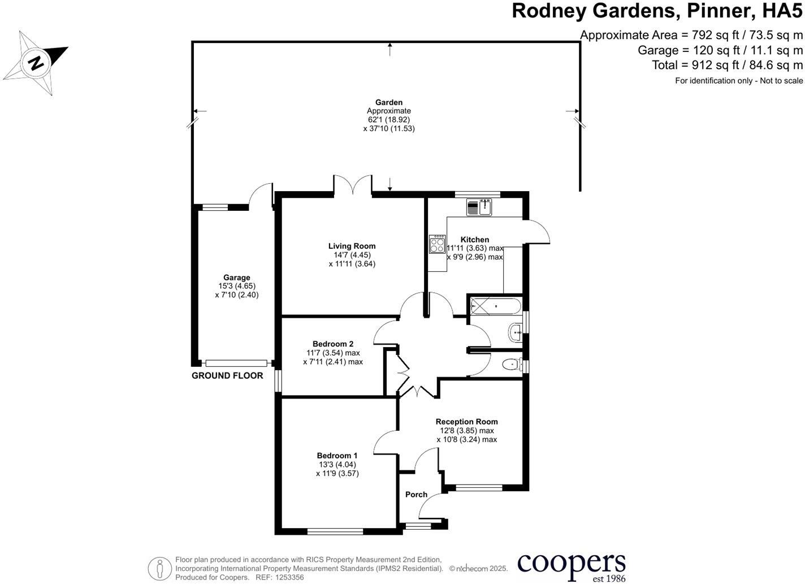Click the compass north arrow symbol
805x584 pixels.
[x=36, y=62]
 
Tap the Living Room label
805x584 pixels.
[x=352, y=246]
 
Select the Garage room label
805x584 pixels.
[x=236, y=278]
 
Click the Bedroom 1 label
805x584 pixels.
[x=337, y=456]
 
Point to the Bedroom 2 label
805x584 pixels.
[x=333, y=344]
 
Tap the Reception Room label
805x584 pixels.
[x=466, y=421]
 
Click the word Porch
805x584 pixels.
[x=416, y=494]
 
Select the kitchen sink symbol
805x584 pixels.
[x=479, y=207]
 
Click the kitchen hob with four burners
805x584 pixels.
[x=437, y=244]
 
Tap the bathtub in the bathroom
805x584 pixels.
[x=495, y=306]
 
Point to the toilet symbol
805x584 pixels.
[x=511, y=365]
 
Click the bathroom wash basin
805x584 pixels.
[x=516, y=332]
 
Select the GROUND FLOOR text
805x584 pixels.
[x=227, y=375]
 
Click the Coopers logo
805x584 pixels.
[x=571, y=565]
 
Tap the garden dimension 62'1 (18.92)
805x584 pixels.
[x=389, y=120]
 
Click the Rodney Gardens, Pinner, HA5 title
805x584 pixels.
[x=657, y=11]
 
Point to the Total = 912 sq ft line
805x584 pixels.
[x=727, y=65]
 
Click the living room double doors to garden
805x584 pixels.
[x=353, y=185]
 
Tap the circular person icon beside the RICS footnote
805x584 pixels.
[x=160, y=568]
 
